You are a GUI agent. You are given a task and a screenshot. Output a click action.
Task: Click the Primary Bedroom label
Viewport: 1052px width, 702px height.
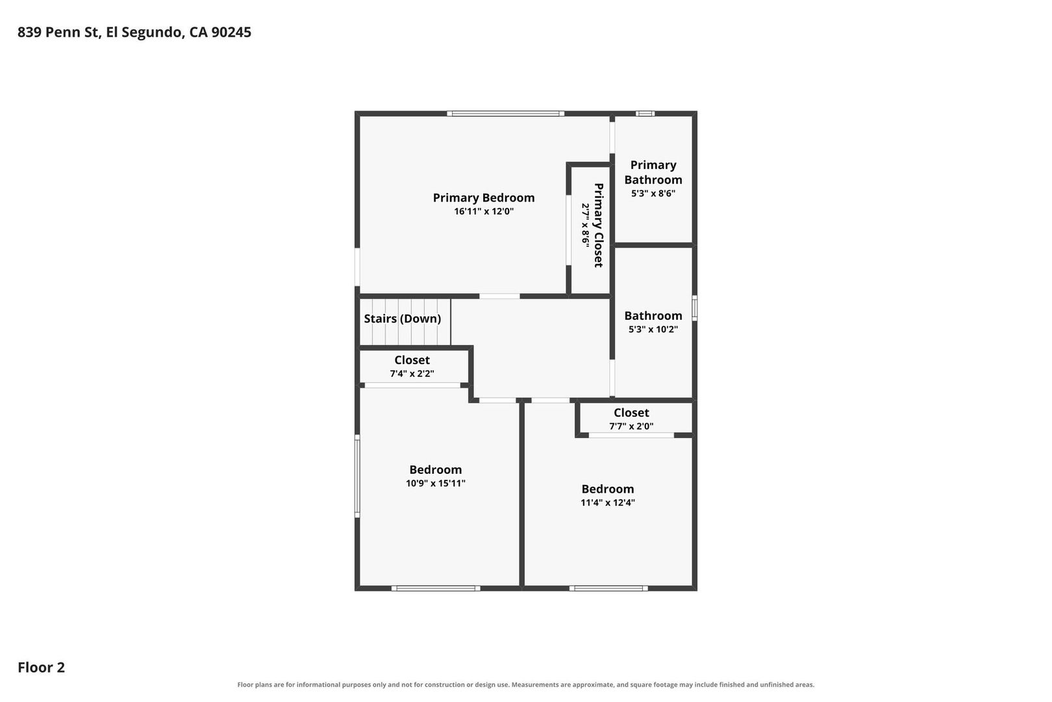pyautogui.click(x=484, y=198)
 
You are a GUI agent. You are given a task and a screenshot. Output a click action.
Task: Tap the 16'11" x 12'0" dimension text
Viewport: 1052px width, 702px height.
pyautogui.click(x=484, y=212)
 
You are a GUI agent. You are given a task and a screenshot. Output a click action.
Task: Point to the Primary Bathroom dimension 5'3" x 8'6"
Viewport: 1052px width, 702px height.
pyautogui.click(x=653, y=193)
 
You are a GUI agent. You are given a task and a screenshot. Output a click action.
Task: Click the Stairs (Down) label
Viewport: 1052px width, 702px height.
pyautogui.click(x=403, y=318)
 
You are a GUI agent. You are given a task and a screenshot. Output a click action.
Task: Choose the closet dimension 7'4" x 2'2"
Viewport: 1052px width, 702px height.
pyautogui.click(x=412, y=374)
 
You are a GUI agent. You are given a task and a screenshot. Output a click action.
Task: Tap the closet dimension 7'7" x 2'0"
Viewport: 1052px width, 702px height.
pyautogui.click(x=631, y=426)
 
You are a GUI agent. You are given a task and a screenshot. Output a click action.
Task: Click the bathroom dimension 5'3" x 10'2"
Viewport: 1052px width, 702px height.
pyautogui.click(x=653, y=329)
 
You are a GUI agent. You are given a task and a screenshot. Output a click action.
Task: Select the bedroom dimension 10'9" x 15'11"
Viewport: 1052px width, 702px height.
pyautogui.click(x=435, y=484)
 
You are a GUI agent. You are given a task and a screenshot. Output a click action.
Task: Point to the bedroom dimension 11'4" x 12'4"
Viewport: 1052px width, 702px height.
pyautogui.click(x=608, y=502)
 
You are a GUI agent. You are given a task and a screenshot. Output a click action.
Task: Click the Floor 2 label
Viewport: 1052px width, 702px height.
pyautogui.click(x=42, y=667)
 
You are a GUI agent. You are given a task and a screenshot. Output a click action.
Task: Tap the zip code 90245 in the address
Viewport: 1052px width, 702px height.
pyautogui.click(x=231, y=32)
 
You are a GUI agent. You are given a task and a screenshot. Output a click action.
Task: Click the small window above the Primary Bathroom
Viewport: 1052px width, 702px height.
pyautogui.click(x=645, y=113)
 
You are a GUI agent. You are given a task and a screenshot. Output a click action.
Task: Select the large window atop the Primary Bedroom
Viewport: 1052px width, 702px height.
pyautogui.click(x=505, y=113)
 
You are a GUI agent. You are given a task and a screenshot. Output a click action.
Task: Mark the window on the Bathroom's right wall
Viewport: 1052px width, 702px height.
pyautogui.click(x=695, y=308)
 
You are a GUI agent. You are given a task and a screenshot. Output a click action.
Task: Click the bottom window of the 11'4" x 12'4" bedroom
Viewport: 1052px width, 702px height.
pyautogui.click(x=608, y=588)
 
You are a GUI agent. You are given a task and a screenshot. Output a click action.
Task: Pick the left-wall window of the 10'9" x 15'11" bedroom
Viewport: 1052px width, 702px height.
pyautogui.click(x=357, y=476)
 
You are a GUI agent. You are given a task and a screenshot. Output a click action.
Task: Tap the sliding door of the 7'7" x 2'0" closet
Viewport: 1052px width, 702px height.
pyautogui.click(x=631, y=435)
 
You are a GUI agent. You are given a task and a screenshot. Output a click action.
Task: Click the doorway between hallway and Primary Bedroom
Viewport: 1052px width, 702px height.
pyautogui.click(x=499, y=296)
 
